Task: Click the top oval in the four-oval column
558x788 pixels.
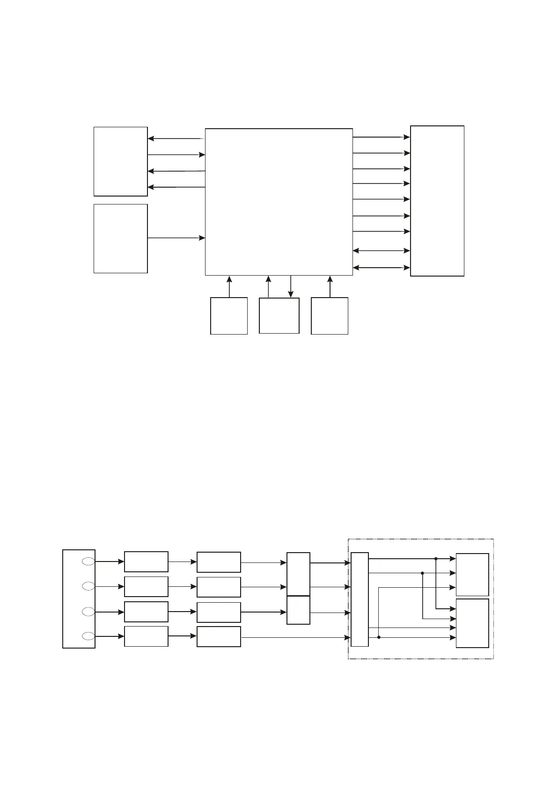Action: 88,561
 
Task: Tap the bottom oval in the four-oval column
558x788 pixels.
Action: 88,636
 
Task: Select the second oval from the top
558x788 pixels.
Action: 88,586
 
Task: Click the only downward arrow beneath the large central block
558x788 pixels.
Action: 291,286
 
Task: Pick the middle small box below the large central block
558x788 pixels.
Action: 279,315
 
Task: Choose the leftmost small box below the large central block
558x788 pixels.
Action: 229,316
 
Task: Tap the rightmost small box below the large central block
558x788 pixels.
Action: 330,316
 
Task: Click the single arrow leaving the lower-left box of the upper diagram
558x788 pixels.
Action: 176,238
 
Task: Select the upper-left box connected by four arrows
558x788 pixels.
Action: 121,161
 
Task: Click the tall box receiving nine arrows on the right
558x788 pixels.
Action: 437,201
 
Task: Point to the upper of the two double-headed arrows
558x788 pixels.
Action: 381,251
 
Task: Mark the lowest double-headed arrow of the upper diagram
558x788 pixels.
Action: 381,268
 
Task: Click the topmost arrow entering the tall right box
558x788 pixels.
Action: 381,137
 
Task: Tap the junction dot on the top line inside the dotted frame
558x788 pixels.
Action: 436,559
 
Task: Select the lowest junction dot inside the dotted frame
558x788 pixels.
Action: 379,637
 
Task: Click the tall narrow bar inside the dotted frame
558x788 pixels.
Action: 360,599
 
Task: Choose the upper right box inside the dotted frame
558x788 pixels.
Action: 472,575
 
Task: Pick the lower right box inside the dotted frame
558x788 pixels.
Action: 472,623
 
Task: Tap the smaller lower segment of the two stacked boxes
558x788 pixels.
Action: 298,610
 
